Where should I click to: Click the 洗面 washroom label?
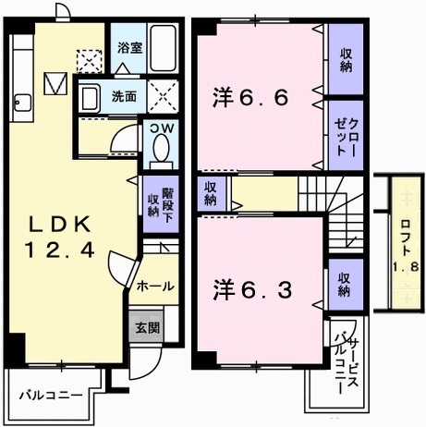point(124,95)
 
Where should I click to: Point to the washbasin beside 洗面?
point(91,96)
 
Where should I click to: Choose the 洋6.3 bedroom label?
point(254,289)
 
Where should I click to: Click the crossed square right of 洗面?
point(164,95)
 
